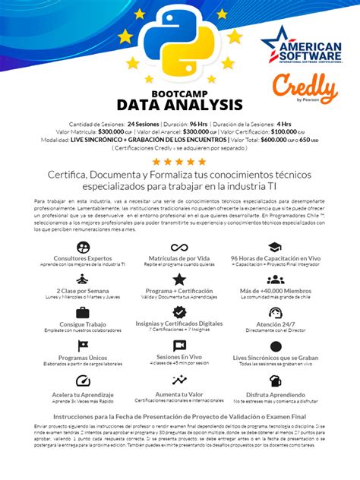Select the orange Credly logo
305,89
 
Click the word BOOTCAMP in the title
179,90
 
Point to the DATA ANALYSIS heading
179,105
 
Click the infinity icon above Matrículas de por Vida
179,248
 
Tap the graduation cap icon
275,248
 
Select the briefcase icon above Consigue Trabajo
83,313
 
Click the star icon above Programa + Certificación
179,280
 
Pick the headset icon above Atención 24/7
275,313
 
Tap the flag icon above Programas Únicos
83,346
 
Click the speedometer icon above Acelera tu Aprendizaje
83,381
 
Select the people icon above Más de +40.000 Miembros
275,280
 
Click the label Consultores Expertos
83,258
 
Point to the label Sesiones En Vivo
179,356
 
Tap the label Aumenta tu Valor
179,394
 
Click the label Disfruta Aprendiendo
275,394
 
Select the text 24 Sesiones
142,124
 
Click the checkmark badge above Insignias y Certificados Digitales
179,312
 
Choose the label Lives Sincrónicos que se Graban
275,356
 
